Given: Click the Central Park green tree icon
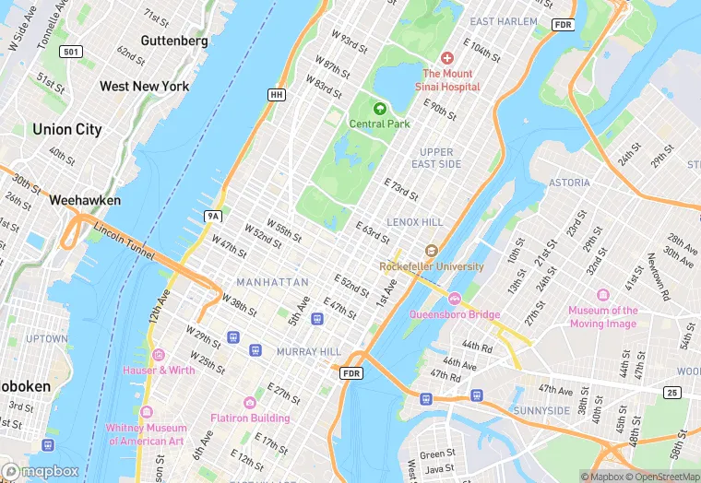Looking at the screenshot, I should pyautogui.click(x=379, y=109).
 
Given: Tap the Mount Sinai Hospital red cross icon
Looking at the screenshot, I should pyautogui.click(x=447, y=58).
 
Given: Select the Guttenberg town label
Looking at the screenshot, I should pyautogui.click(x=174, y=41).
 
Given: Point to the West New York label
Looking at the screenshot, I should pyautogui.click(x=144, y=86).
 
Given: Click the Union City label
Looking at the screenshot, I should pyautogui.click(x=66, y=130).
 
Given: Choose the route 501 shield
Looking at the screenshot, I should pyautogui.click(x=71, y=52).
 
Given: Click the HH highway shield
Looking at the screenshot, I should pyautogui.click(x=276, y=95).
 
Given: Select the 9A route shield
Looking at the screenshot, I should pyautogui.click(x=214, y=216).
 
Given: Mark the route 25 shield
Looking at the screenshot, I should pyautogui.click(x=672, y=393).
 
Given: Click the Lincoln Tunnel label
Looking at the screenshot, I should pyautogui.click(x=122, y=241).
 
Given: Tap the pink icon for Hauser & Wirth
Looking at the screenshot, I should pyautogui.click(x=158, y=355).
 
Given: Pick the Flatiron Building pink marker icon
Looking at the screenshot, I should pyautogui.click(x=249, y=403).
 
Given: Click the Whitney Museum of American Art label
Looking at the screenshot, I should pyautogui.click(x=148, y=434).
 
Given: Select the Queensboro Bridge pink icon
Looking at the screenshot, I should pyautogui.click(x=454, y=299).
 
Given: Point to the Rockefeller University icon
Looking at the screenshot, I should pyautogui.click(x=431, y=251).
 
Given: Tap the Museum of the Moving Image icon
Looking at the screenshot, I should pyautogui.click(x=603, y=295).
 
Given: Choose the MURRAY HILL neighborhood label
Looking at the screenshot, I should pyautogui.click(x=308, y=352).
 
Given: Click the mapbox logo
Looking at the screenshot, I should pyautogui.click(x=44, y=470).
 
